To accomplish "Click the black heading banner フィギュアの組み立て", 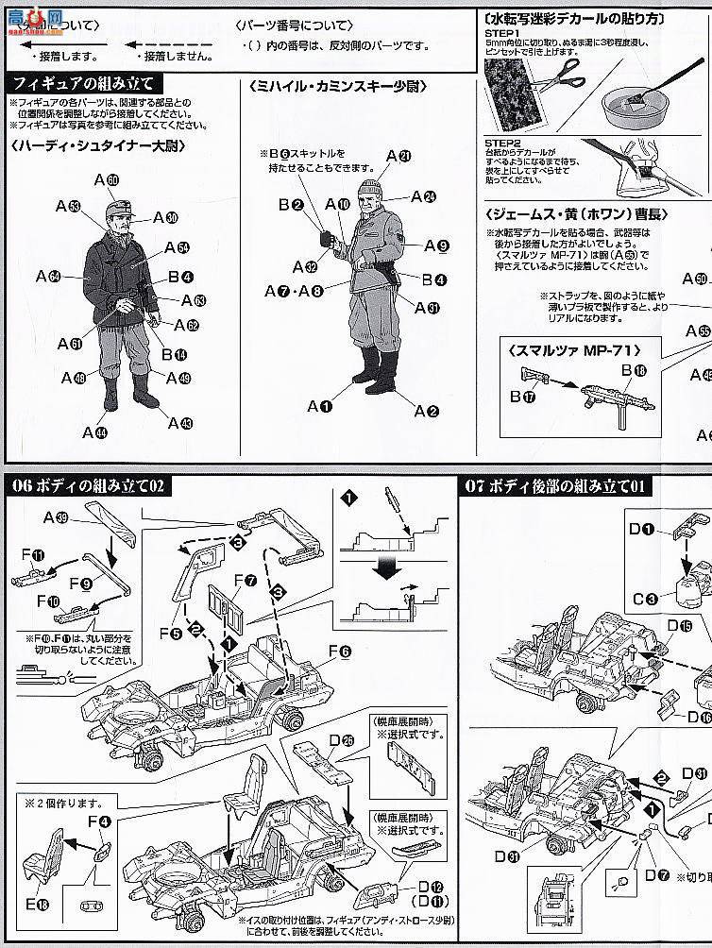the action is click(x=80, y=83).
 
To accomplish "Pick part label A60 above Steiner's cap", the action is click(x=106, y=179).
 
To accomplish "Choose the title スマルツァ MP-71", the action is click(x=567, y=349).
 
